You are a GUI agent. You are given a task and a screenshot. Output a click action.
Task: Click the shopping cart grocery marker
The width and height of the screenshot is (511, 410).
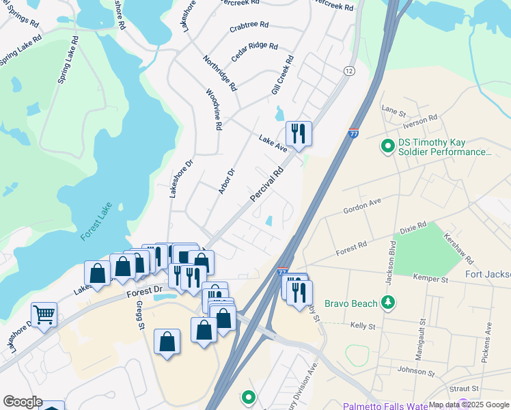coord(44,315)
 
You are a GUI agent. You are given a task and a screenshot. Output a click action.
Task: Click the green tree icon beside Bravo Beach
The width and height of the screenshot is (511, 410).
coord(388,302)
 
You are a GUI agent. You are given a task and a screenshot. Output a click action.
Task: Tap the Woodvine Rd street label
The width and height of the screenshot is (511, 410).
coord(213,109)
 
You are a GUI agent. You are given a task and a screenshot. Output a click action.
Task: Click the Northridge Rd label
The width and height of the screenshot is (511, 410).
coord(219,74)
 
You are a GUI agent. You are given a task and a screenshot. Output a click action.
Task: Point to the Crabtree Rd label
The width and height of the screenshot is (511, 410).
coord(249,25)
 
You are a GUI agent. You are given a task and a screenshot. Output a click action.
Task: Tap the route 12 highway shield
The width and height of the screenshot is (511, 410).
coord(350,71)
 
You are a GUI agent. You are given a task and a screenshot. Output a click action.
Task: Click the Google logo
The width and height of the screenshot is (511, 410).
coord(22,402)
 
